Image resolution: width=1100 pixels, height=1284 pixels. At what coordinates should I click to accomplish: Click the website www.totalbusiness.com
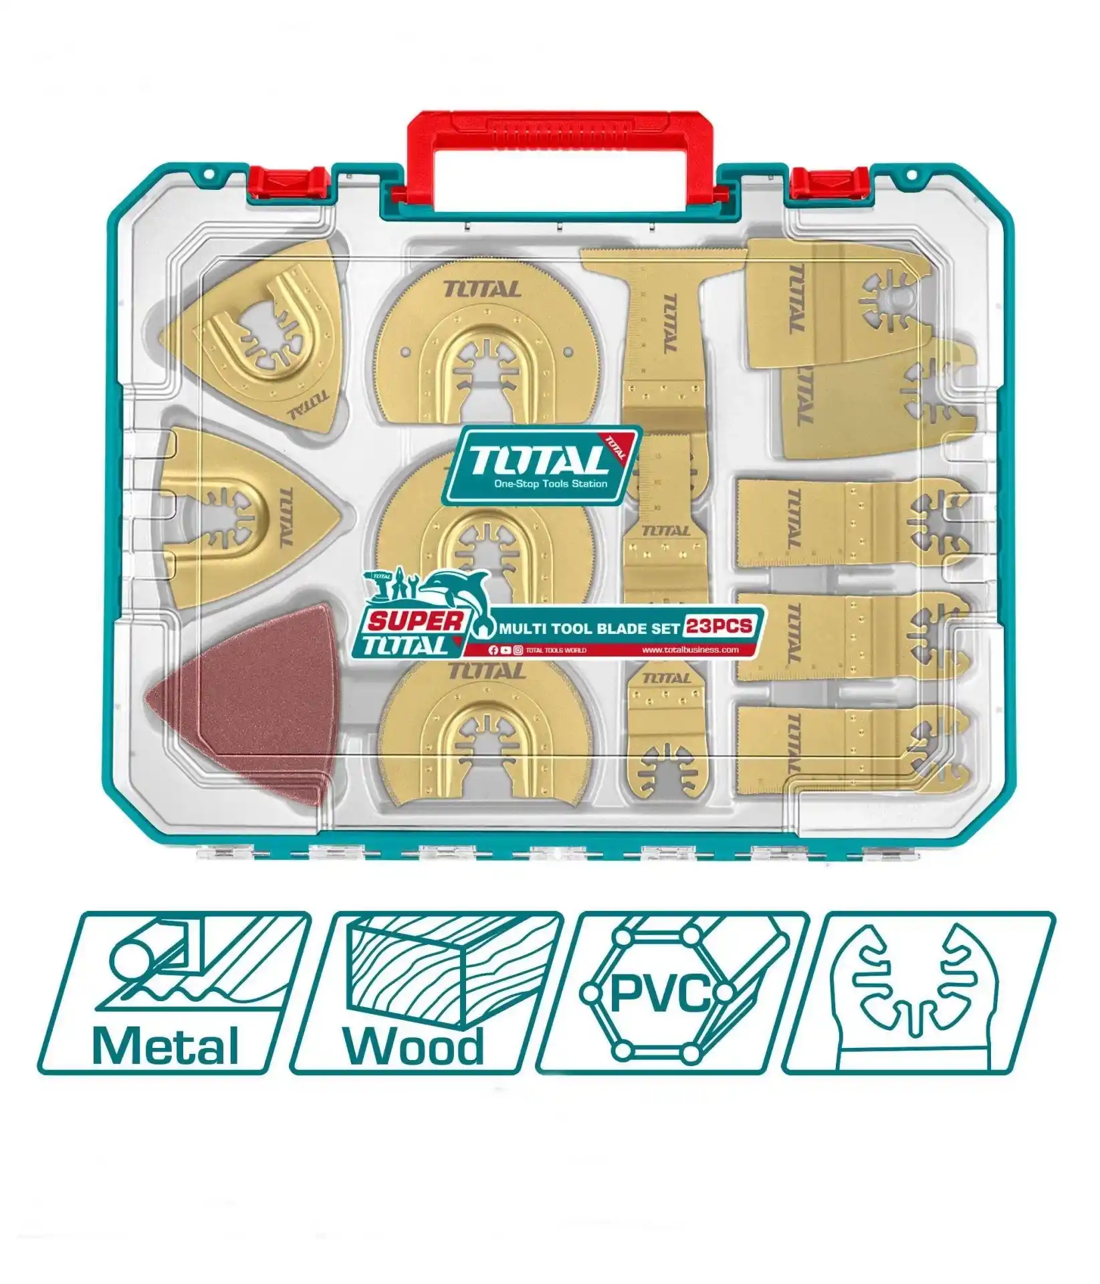pyautogui.click(x=689, y=649)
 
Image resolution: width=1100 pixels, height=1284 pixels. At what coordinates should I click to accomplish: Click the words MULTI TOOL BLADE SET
pyautogui.click(x=588, y=628)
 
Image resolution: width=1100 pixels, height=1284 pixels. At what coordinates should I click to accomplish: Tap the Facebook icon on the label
pyautogui.click(x=493, y=650)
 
